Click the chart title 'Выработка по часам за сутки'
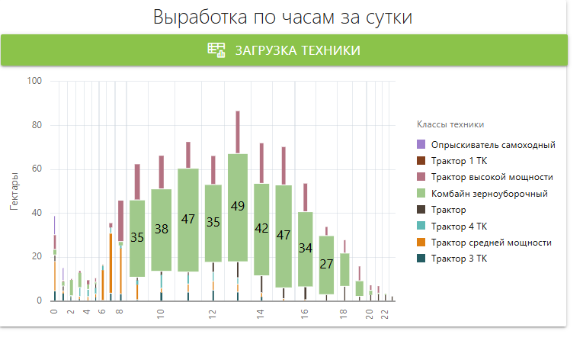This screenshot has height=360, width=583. click(283, 18)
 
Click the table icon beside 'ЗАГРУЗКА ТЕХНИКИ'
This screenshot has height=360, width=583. click(216, 50)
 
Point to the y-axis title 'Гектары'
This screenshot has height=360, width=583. click(14, 191)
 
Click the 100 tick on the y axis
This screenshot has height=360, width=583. click(34, 81)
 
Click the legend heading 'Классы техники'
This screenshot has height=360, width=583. click(450, 124)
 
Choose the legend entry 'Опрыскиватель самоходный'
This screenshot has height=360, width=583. click(493, 145)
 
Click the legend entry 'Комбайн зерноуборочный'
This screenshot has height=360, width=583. click(489, 194)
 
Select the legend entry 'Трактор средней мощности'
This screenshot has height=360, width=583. click(491, 243)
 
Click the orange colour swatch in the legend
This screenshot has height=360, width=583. click(421, 243)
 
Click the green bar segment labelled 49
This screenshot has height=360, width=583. click(238, 207)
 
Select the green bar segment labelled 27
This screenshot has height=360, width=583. click(326, 265)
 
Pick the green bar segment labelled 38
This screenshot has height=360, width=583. click(161, 229)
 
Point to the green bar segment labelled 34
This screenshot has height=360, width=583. click(305, 249)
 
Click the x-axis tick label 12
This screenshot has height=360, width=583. click(213, 313)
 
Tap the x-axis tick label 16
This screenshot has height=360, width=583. click(304, 313)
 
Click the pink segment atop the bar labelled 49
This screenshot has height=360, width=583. click(238, 132)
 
